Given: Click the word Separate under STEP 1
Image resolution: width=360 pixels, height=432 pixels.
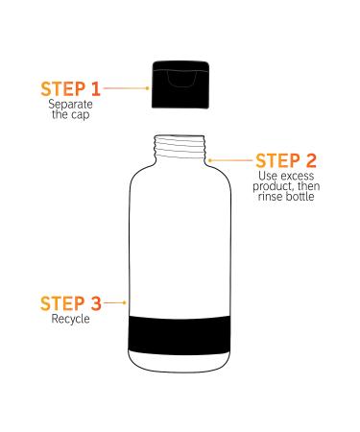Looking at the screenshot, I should (x=68, y=105).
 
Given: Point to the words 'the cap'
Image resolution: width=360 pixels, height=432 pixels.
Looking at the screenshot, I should (x=68, y=115).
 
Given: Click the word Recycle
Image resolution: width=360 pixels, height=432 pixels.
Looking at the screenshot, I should (x=69, y=320).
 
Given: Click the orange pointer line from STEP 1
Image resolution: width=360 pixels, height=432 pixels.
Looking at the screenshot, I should (x=125, y=87).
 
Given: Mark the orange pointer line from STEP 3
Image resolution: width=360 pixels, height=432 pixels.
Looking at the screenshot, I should (x=114, y=303).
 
